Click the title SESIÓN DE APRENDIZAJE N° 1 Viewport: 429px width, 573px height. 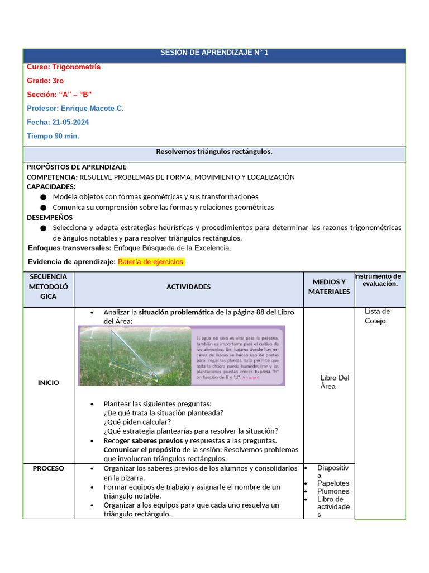click(214, 53)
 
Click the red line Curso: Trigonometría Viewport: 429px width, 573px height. click(64, 67)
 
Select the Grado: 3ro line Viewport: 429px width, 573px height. click(45, 81)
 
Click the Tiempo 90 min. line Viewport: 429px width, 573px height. click(53, 137)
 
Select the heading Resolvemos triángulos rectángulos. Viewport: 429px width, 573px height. click(214, 152)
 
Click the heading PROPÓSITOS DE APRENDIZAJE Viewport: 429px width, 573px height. click(77, 167)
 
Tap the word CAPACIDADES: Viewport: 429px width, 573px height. click(51, 187)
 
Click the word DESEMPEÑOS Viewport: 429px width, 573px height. click(50, 218)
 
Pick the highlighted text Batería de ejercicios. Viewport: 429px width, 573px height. click(151, 262)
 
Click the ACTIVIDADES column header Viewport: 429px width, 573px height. click(189, 287)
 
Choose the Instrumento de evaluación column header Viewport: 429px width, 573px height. click(380, 280)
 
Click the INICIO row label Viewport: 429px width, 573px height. click(48, 383)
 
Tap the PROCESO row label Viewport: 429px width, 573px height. click(48, 468)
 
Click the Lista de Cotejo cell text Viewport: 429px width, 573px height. click(377, 316)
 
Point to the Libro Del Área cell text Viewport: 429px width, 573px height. click(335, 382)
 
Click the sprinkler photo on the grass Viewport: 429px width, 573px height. click(135, 355)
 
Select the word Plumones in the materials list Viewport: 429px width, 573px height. click(333, 491)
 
